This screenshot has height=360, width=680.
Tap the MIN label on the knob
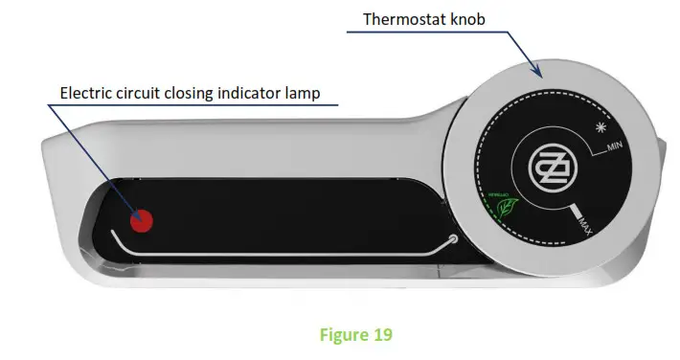(x=614, y=147)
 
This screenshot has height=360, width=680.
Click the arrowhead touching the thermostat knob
(x=539, y=72)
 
